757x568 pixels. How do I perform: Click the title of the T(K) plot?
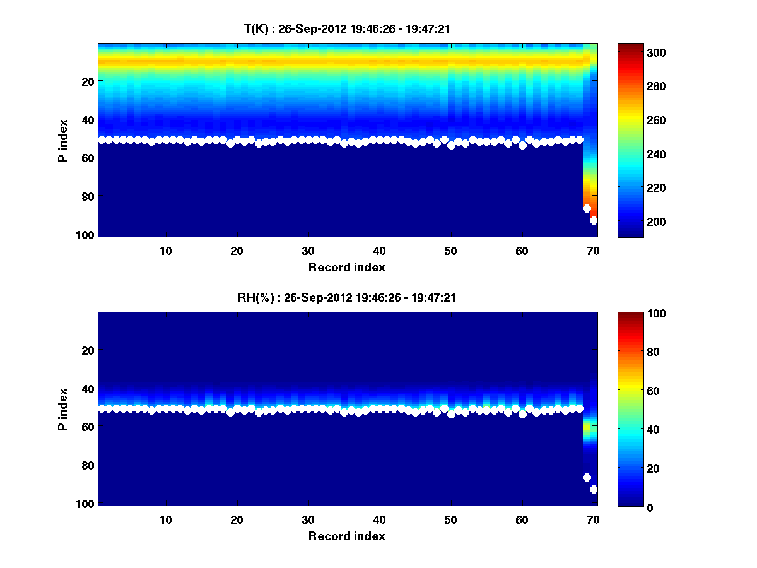tap(347, 28)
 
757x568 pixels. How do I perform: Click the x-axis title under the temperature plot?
tap(346, 267)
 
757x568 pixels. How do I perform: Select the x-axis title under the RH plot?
tap(346, 536)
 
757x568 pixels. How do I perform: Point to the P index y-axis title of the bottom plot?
tap(64, 409)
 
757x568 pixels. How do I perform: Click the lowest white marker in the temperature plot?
tap(594, 220)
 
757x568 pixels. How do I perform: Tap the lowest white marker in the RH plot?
tap(594, 489)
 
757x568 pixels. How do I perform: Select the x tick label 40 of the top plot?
tap(379, 251)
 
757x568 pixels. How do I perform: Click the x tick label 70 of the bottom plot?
tap(593, 519)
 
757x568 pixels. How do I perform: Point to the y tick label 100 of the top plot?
tap(86, 235)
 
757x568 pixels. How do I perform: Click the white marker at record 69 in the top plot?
tap(587, 208)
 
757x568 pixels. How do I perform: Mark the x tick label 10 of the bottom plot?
tap(165, 519)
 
